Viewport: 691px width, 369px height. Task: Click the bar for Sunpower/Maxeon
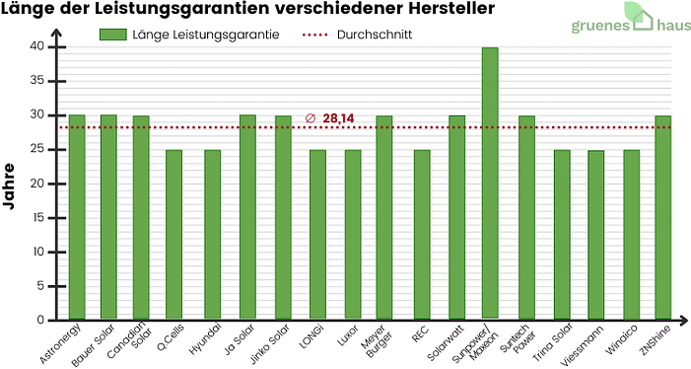[x=490, y=183]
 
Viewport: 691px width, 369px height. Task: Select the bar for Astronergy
[x=77, y=217]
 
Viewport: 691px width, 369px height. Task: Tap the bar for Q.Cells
[x=173, y=235]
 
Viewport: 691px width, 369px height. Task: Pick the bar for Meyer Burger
[x=384, y=217]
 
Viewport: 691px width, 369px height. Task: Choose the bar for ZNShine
[x=663, y=217]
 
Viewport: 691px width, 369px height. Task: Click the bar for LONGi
[x=317, y=235]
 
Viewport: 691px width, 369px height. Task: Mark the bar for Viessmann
[x=596, y=235]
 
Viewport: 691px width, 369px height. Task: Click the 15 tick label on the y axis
[x=36, y=217]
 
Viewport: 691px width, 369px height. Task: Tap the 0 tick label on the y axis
[x=40, y=320]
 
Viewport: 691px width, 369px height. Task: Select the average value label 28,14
[x=338, y=118]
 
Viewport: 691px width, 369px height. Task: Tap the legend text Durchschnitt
[x=374, y=34]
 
